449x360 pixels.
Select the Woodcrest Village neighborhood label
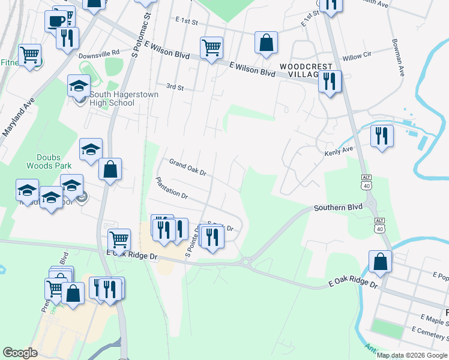point(298,69)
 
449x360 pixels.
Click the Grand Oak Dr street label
point(187,167)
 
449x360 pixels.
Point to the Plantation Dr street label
point(172,188)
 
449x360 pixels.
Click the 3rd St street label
point(175,87)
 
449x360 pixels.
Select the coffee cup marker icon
point(56,20)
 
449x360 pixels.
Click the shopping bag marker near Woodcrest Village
point(266,43)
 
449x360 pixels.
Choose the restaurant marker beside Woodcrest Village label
point(330,81)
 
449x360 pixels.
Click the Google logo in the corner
point(20,353)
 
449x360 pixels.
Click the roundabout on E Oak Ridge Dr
point(246,262)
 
